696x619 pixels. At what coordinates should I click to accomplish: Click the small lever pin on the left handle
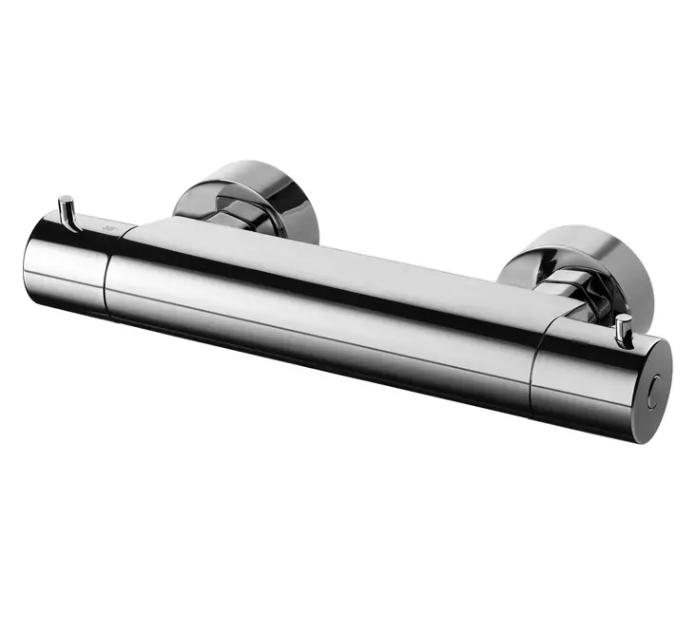coord(66,211)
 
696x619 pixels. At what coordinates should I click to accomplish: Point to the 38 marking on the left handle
coord(105,228)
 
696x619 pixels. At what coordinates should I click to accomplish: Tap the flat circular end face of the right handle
coord(654,390)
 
